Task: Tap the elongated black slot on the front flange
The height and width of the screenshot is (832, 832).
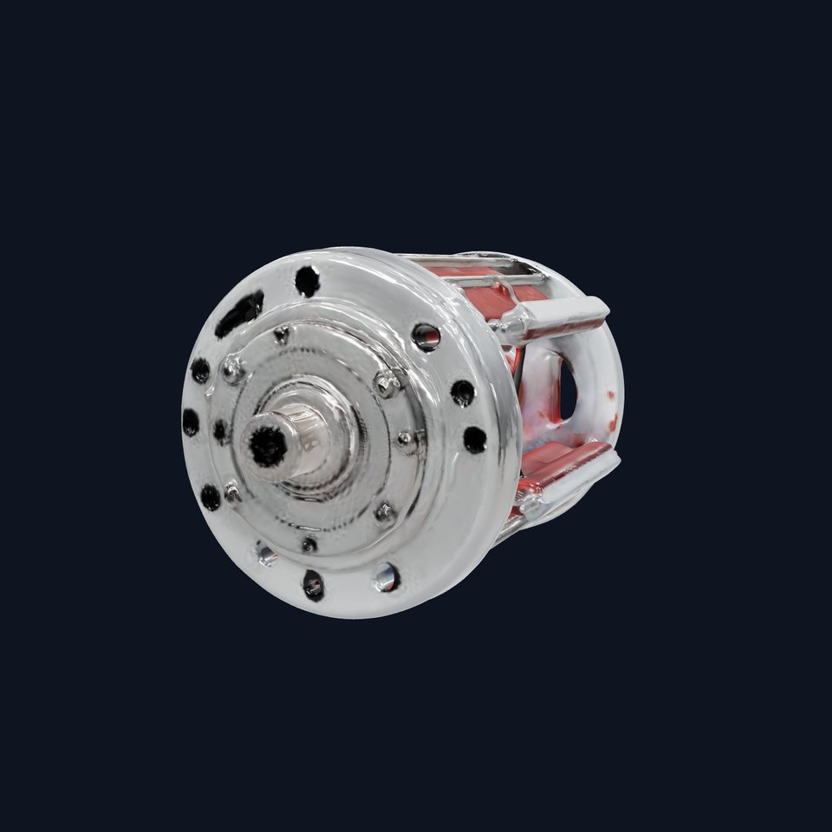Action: pos(240,313)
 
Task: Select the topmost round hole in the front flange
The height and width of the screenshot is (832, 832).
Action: pos(307,280)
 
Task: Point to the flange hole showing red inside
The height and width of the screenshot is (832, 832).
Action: pos(426,336)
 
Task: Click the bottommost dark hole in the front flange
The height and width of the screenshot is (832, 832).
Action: pos(313,584)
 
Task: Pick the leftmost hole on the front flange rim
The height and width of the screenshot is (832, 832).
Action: pos(190,422)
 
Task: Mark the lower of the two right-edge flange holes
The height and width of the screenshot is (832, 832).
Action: pos(474,439)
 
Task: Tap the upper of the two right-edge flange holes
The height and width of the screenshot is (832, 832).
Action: pos(463,393)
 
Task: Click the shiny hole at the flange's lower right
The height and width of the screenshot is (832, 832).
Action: pos(385,576)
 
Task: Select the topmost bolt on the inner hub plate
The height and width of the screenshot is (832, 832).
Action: pos(282,335)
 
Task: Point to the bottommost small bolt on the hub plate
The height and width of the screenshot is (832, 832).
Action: pos(309,544)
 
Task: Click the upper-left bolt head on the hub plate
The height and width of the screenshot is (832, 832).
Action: pos(232,369)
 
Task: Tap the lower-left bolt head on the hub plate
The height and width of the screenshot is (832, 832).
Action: pos(232,491)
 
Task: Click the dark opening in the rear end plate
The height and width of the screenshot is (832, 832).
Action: pos(568,387)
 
